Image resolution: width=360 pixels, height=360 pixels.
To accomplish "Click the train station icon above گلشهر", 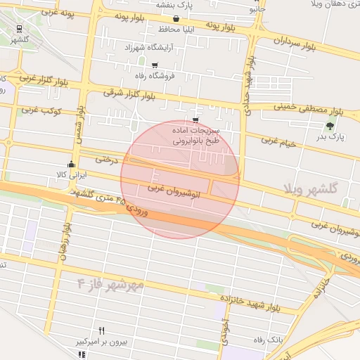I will pos(19,29).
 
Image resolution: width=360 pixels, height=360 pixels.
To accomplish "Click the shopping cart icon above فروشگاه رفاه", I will pos(154,65).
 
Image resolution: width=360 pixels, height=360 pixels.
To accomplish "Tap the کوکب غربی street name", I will pos(42,110).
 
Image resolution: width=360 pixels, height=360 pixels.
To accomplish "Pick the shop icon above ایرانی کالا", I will pos(71,164).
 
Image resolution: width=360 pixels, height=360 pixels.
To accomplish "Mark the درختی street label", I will pos(105,160).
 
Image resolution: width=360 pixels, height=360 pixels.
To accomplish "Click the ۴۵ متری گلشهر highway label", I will pos(95,196).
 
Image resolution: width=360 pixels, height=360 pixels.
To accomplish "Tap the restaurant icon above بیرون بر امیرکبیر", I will pos(101,330).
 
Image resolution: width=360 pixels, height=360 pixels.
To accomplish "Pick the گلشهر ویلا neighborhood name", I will pos(311,188).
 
